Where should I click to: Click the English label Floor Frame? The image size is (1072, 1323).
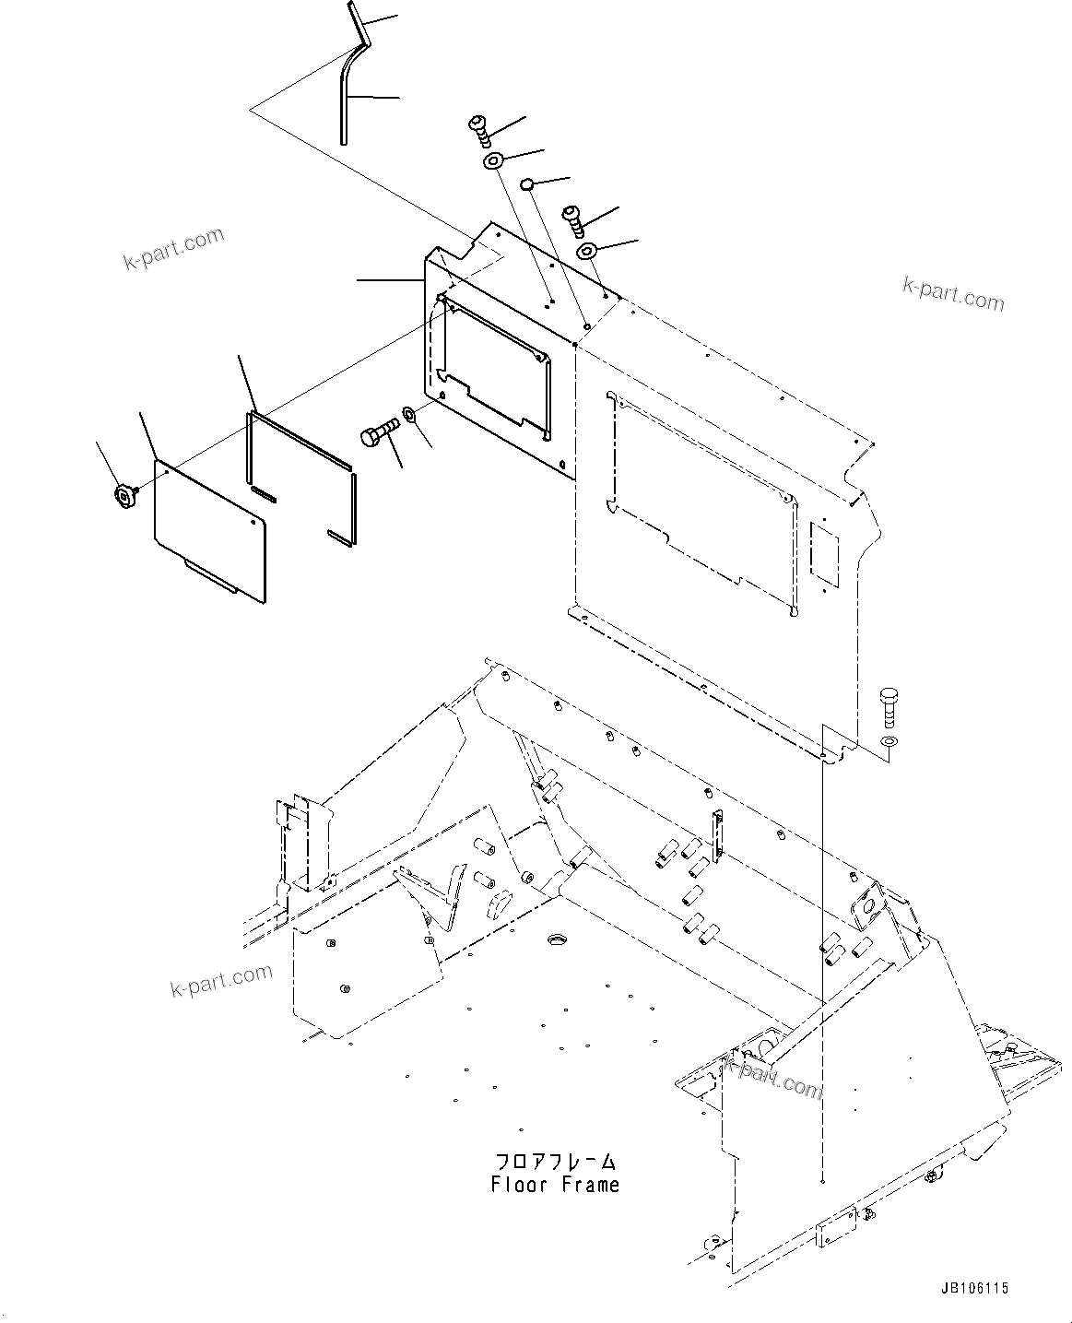click(555, 1185)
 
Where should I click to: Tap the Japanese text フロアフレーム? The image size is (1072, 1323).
click(555, 1161)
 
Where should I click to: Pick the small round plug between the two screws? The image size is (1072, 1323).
click(526, 184)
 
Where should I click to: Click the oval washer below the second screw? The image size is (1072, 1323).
click(587, 251)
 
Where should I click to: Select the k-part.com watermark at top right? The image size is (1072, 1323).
click(953, 294)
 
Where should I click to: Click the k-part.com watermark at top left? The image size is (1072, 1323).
click(173, 249)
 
